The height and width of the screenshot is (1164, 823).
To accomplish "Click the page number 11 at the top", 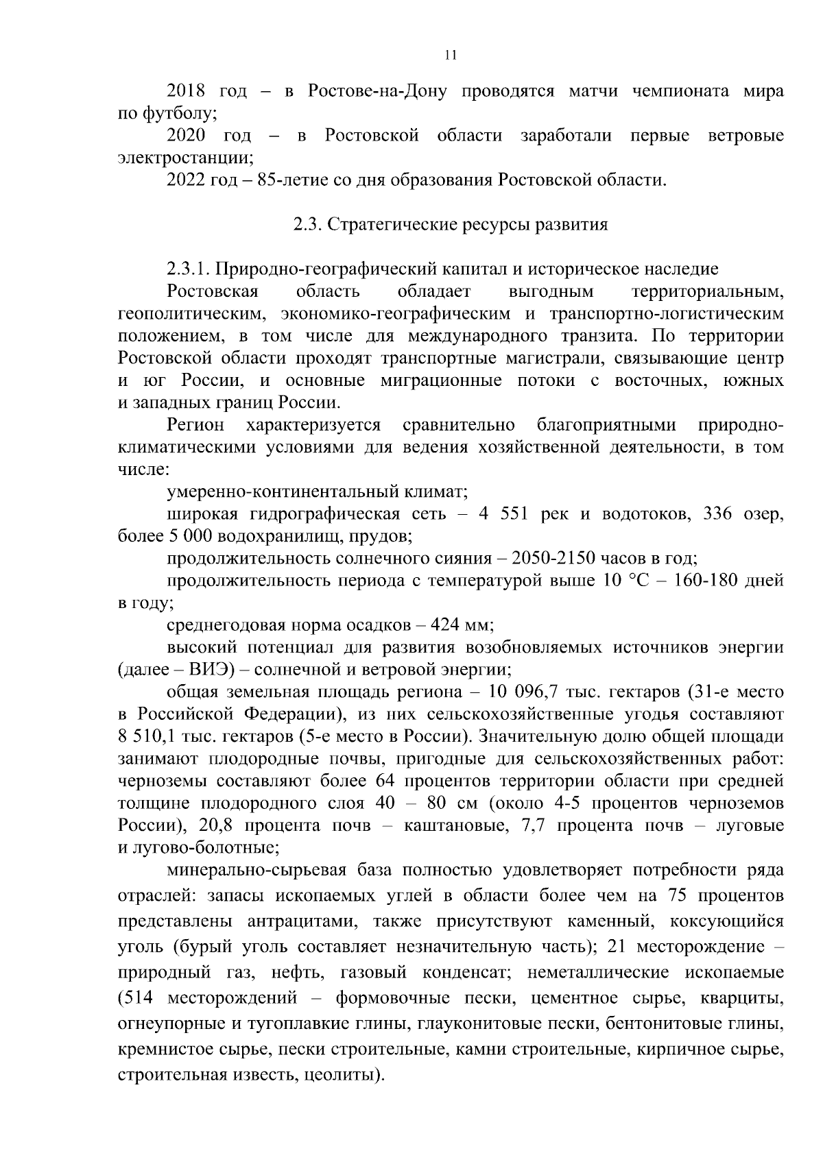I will pos(451,56).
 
